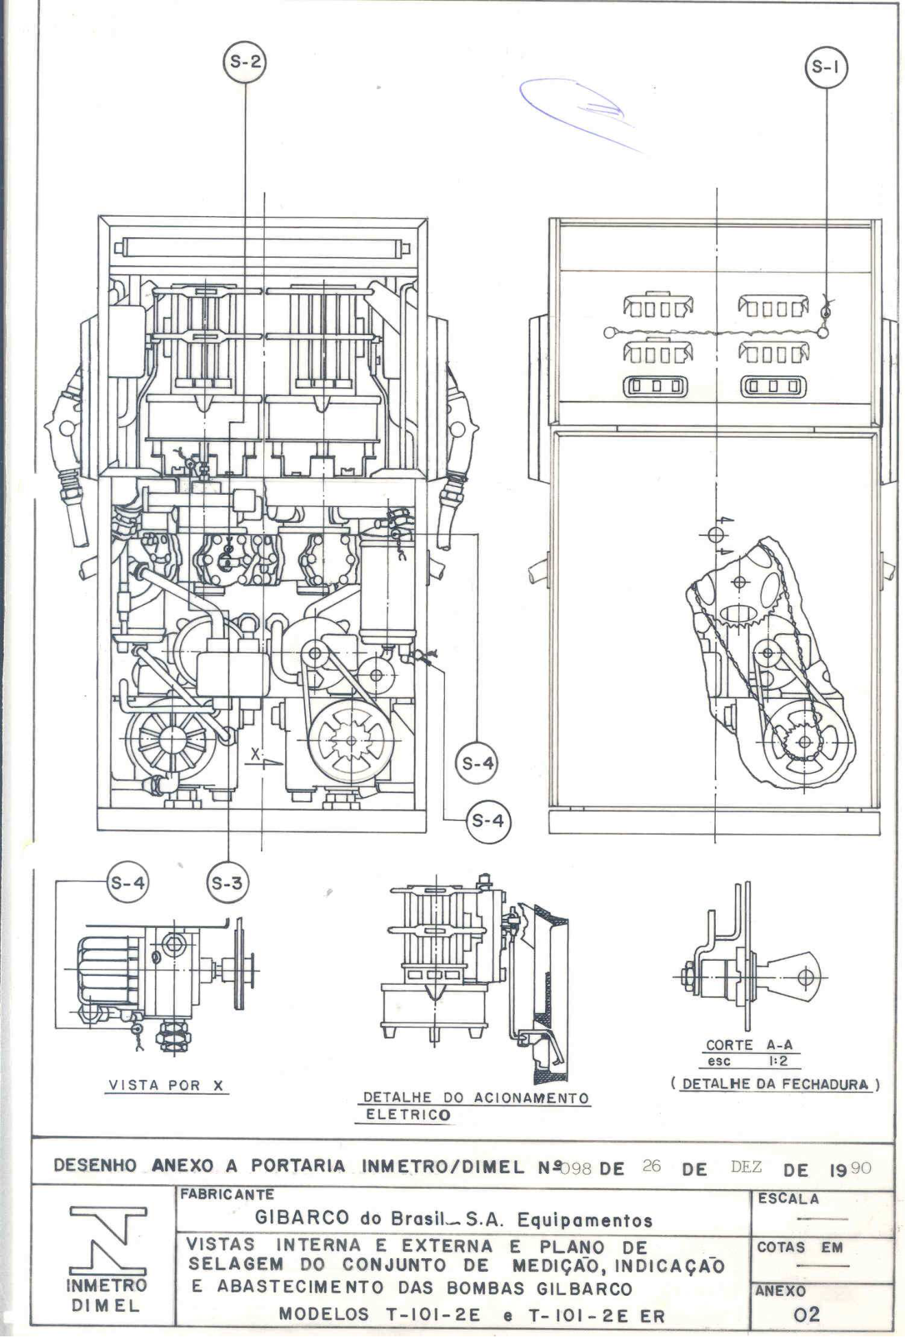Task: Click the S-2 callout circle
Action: click(x=245, y=62)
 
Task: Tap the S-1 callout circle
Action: click(x=825, y=67)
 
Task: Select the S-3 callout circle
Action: click(x=227, y=883)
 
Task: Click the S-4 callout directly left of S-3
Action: click(x=128, y=883)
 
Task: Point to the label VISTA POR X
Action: click(x=167, y=1085)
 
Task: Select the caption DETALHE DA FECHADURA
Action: click(x=775, y=1084)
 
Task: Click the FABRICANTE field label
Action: click(x=227, y=1194)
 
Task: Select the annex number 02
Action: click(x=806, y=1314)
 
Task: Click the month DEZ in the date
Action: click(x=746, y=1167)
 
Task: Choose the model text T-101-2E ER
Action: click(x=596, y=1315)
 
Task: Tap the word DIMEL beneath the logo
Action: click(x=106, y=1305)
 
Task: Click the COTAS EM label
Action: click(x=800, y=1247)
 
